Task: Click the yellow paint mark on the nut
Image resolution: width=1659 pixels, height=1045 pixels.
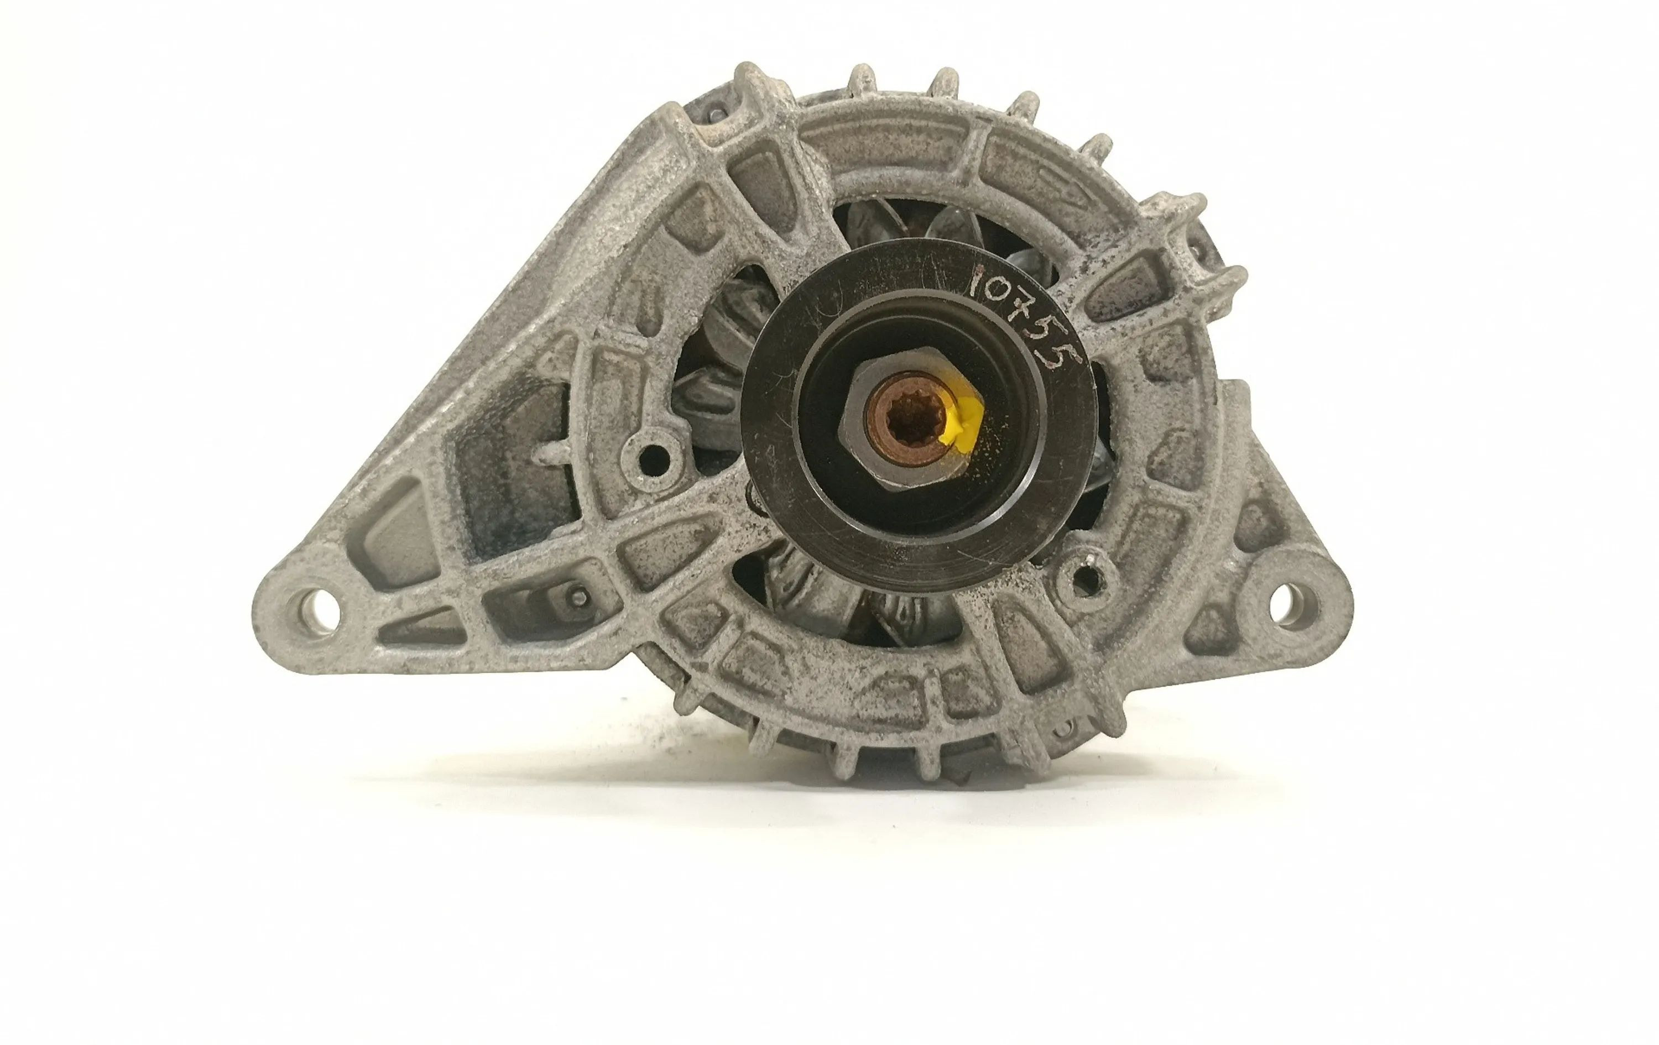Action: click(x=961, y=426)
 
